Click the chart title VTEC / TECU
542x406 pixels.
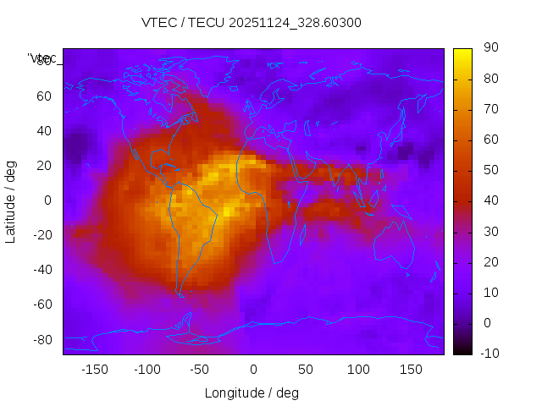[252, 23]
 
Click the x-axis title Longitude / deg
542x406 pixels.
[252, 392]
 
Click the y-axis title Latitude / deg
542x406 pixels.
[11, 201]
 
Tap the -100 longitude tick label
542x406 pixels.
[147, 370]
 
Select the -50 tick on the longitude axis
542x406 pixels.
[200, 370]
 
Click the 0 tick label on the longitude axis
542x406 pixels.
[252, 370]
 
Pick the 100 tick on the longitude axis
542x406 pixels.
[358, 370]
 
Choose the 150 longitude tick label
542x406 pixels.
[411, 370]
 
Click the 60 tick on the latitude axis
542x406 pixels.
[44, 96]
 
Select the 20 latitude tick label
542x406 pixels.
[44, 166]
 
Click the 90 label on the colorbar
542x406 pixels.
[489, 49]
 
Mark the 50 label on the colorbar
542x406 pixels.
[489, 171]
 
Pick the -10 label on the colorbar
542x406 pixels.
[487, 354]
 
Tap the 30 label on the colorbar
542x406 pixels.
[489, 232]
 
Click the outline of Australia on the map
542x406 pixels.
[395, 244]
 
